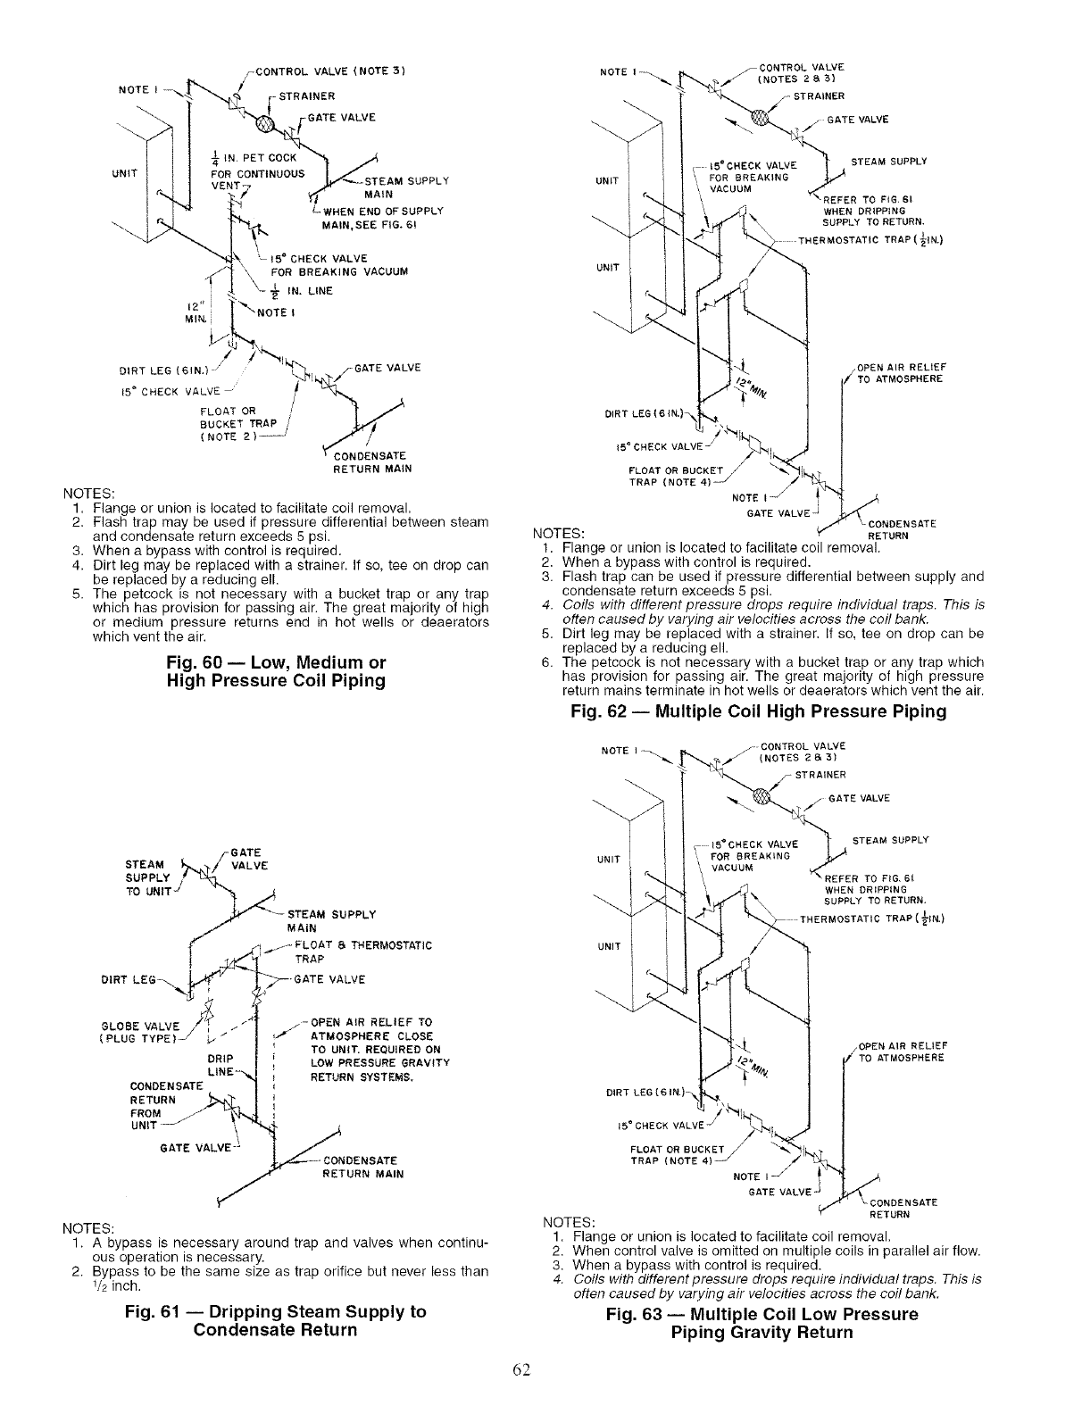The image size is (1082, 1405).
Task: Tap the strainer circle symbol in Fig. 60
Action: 267,123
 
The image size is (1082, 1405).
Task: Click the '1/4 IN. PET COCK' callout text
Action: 246,161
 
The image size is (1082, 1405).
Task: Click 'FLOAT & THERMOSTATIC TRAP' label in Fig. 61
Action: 362,952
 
